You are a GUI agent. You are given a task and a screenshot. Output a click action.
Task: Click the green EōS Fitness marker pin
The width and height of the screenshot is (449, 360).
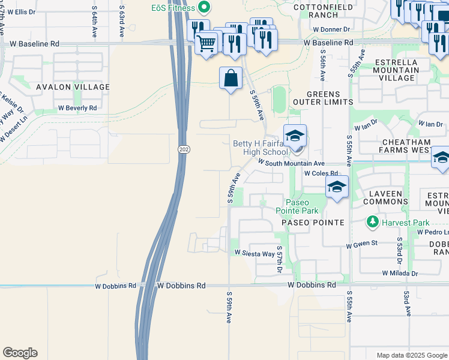click(x=203, y=8)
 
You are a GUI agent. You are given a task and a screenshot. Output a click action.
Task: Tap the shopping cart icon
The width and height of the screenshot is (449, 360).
click(x=206, y=43)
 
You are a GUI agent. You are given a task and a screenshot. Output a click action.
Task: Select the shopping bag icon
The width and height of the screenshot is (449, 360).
click(x=231, y=78)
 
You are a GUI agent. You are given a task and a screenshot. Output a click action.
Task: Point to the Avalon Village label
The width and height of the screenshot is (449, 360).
click(x=73, y=87)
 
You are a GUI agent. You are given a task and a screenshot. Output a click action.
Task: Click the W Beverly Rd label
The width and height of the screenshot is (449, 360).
click(x=77, y=108)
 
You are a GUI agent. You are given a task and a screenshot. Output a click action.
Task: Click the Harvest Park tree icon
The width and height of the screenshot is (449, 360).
click(x=373, y=223)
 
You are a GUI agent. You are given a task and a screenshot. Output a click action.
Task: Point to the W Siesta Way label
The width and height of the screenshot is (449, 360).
click(x=255, y=253)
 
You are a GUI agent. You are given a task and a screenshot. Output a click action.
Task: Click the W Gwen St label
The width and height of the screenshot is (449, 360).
click(x=361, y=244)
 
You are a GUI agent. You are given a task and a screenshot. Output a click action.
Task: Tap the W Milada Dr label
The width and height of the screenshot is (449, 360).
click(x=400, y=273)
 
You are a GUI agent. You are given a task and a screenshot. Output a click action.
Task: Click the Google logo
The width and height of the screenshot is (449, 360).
click(x=20, y=353)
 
